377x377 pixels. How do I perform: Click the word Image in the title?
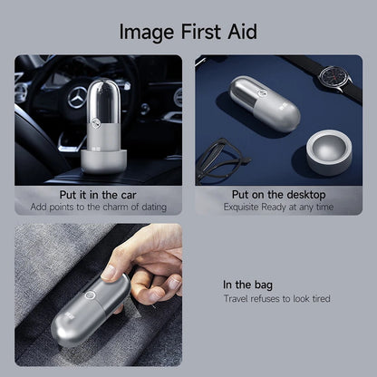(147, 33)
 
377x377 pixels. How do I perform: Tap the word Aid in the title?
(242, 31)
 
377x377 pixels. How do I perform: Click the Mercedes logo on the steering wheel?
(77, 97)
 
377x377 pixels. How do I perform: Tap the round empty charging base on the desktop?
(329, 152)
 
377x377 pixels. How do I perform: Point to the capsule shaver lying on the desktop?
(265, 103)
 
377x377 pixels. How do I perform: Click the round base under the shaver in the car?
(103, 160)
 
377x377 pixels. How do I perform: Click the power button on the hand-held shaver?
(90, 295)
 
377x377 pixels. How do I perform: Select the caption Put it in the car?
(98, 195)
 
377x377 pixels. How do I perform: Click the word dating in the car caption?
(154, 208)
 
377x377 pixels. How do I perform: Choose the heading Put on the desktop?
(278, 195)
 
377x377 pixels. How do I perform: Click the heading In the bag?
(247, 285)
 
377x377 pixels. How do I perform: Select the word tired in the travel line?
(322, 298)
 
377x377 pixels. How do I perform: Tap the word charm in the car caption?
(115, 208)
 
